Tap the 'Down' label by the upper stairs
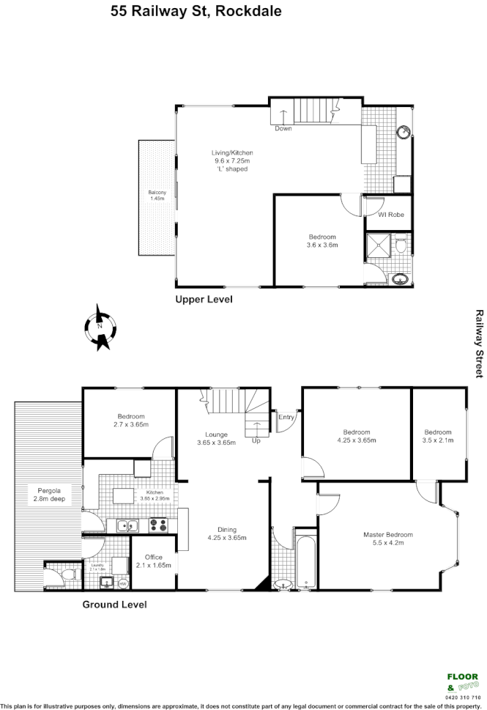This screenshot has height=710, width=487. click(x=283, y=129)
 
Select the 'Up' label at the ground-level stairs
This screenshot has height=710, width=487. click(x=256, y=441)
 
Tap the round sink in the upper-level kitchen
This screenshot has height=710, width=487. click(x=404, y=133)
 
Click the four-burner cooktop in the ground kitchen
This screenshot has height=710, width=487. click(x=157, y=525)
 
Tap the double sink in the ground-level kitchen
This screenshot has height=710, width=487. click(x=125, y=525)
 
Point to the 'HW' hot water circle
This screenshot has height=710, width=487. click(x=122, y=584)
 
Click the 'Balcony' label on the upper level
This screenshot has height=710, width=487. click(x=157, y=195)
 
